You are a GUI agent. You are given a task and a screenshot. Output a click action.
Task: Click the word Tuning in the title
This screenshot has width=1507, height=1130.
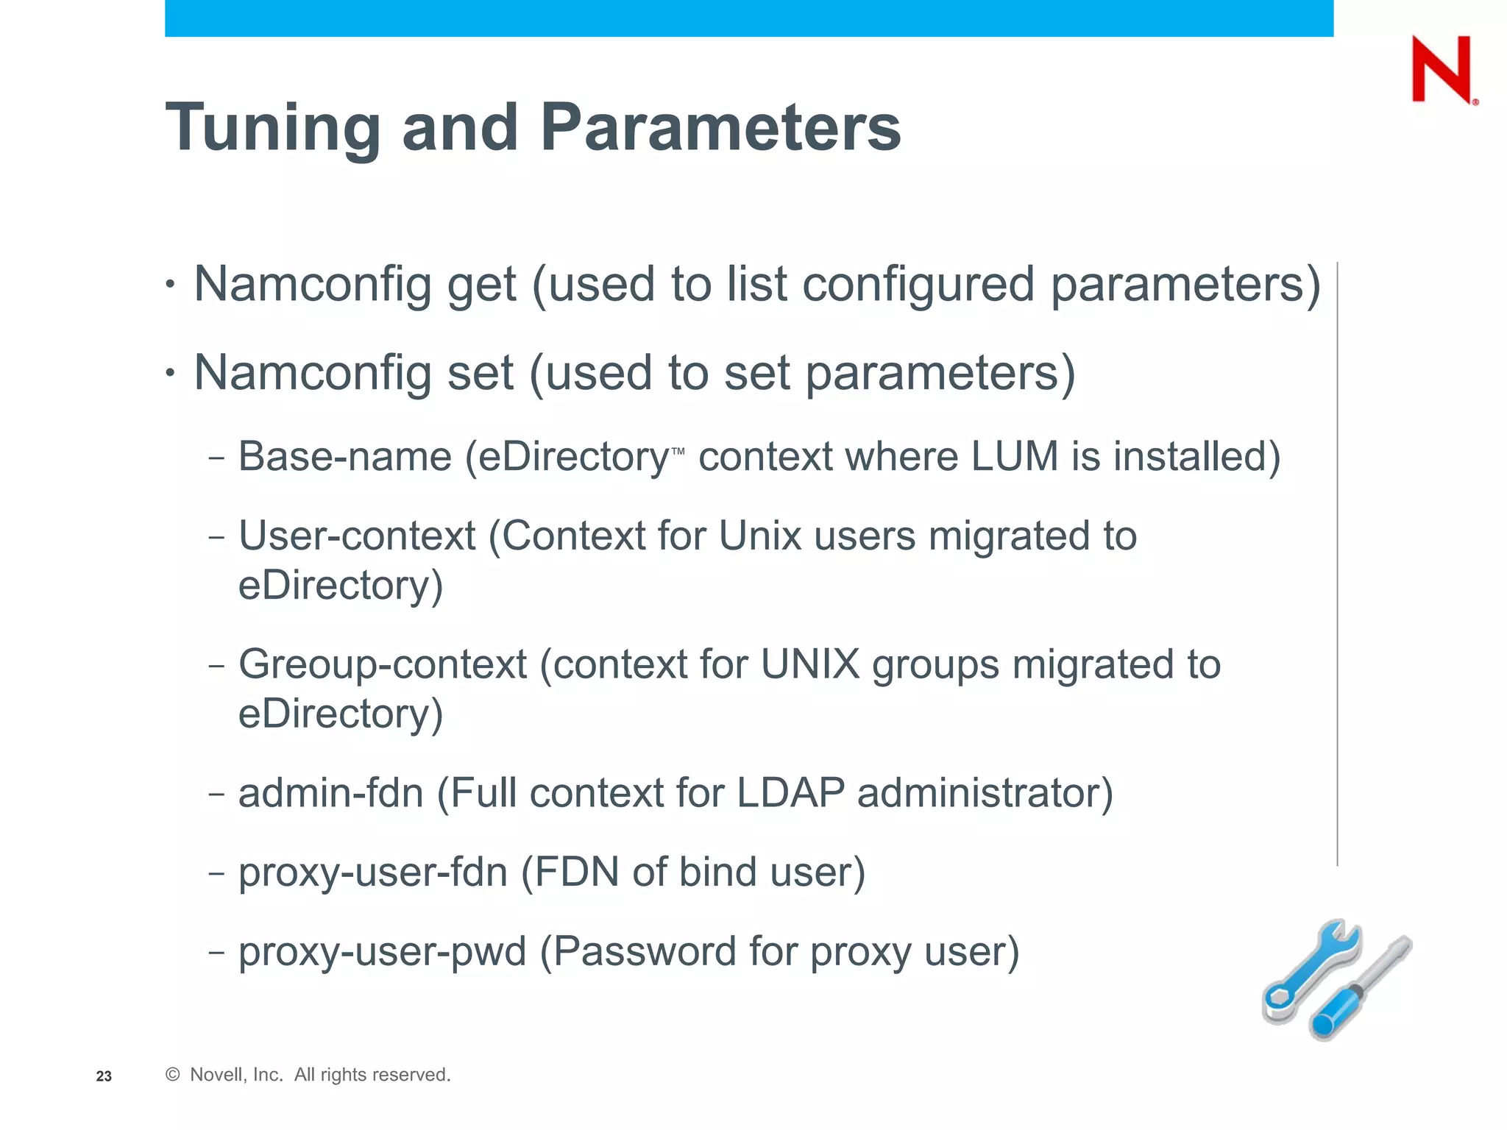[x=272, y=129]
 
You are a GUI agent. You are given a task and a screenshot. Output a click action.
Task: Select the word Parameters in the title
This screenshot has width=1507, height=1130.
[x=720, y=127]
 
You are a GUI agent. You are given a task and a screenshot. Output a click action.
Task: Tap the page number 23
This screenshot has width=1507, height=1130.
[x=104, y=1076]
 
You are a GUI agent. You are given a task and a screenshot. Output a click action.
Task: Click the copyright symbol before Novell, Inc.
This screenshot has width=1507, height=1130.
[x=173, y=1075]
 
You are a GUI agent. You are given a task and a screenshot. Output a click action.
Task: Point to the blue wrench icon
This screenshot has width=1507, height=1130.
[x=1310, y=971]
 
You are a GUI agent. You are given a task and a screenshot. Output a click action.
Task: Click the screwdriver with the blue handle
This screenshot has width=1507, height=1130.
[x=1361, y=989]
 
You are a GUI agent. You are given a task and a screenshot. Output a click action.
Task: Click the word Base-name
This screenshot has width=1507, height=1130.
[x=344, y=457]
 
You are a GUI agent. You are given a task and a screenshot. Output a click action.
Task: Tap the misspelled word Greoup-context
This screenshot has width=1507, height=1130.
[x=383, y=664]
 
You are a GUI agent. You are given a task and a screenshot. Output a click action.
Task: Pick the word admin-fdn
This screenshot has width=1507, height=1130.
[x=331, y=793]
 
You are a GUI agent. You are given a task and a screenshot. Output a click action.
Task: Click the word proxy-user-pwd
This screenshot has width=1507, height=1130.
[x=383, y=951]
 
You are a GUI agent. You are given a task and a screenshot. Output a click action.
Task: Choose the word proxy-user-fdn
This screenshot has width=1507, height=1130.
[x=373, y=873]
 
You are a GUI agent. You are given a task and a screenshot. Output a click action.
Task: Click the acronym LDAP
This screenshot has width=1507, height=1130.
[x=790, y=793]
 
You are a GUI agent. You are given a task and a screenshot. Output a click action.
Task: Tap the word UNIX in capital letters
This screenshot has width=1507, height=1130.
[x=810, y=664]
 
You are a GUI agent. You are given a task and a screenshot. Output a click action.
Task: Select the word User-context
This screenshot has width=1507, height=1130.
[x=357, y=536]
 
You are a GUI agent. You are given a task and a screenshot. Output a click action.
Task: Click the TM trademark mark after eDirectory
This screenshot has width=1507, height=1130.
[x=678, y=451]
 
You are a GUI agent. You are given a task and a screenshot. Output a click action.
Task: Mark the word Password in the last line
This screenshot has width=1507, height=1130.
[x=645, y=951]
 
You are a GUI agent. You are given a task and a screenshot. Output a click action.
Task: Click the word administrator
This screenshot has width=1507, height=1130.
[x=985, y=793]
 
